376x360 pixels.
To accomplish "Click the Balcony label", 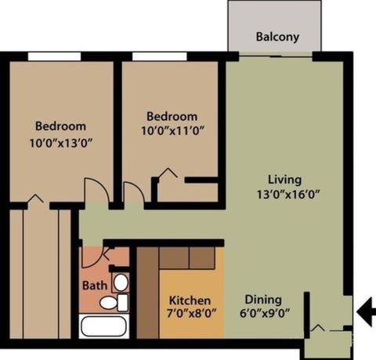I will [x=277, y=38].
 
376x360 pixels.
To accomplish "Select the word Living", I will [x=284, y=178].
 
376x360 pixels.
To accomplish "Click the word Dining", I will [x=262, y=299].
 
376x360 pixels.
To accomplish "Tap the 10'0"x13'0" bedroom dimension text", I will [x=60, y=143].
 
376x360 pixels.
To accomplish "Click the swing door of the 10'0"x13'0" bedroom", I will [x=94, y=191].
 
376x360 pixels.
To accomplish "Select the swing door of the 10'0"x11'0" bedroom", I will [x=133, y=194].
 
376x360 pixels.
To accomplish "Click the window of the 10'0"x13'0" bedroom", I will [x=53, y=55].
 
